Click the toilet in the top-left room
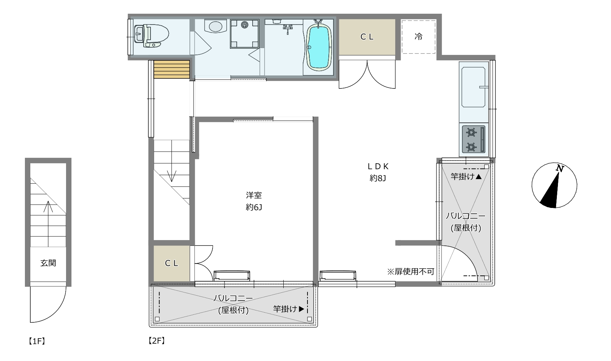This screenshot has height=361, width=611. point(151,36)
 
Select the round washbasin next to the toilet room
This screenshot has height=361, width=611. point(215,26)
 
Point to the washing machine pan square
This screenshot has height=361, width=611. point(244,34)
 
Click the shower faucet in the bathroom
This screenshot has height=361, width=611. point(288,29)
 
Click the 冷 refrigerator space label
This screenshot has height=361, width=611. point(418,36)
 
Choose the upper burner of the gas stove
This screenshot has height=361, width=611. point(471,133)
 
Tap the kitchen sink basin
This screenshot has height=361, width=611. point(473,87)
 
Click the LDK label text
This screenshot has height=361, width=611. point(378,166)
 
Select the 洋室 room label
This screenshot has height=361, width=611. point(254,195)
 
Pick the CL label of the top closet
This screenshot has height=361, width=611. point(367,37)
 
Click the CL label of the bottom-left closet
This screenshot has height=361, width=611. point(171,263)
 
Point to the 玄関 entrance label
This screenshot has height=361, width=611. point(48,263)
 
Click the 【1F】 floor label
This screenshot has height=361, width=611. point(37,341)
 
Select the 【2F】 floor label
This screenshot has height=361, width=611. point(157,340)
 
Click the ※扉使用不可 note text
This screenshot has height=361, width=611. point(410,271)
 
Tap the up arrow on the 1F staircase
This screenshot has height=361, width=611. point(48,224)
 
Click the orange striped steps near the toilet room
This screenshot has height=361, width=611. point(171,69)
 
